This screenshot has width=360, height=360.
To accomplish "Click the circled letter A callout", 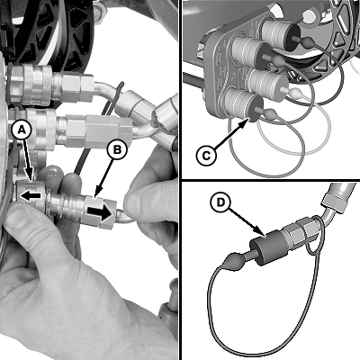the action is [22, 130].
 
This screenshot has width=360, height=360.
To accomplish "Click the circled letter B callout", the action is [117, 149].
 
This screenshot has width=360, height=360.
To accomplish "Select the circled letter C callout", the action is [206, 156].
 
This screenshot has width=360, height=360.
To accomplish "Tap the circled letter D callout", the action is [220, 202].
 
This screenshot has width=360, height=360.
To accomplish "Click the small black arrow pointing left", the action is [30, 195].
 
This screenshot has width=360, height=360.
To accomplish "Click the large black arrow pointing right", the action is [100, 212].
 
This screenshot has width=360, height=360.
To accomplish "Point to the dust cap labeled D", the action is [265, 247].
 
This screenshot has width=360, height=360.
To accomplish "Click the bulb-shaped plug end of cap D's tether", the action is [232, 262].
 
